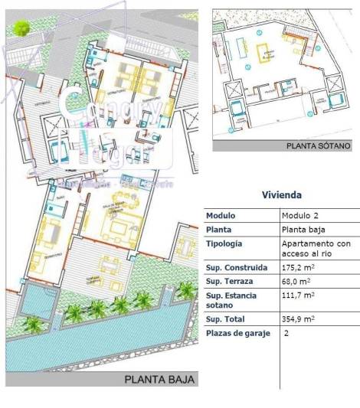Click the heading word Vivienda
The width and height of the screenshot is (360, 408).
(282, 194)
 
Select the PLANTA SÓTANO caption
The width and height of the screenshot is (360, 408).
(318, 145)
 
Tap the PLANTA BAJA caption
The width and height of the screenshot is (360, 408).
(160, 379)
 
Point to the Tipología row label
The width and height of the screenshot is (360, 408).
(224, 243)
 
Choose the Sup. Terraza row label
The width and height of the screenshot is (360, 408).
(231, 282)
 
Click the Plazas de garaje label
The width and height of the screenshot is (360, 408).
(238, 333)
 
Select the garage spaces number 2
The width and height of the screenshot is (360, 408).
(286, 334)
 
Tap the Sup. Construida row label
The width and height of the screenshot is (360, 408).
(237, 268)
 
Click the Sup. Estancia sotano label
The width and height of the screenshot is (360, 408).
(231, 300)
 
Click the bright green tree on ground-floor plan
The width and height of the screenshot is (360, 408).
(22, 28)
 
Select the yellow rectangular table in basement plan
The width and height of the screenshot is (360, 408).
(267, 52)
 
